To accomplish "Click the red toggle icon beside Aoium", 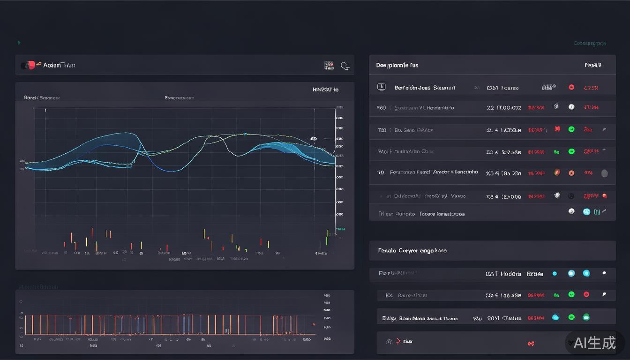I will [x=30, y=65].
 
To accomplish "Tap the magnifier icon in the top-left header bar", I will [x=345, y=66].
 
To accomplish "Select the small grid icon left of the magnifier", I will [x=329, y=66].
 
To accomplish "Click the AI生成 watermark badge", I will [x=594, y=343].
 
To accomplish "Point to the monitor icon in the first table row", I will [x=381, y=87].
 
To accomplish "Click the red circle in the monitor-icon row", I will [x=571, y=87].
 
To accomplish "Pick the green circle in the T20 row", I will [x=571, y=129].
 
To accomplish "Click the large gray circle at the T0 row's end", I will [x=604, y=173].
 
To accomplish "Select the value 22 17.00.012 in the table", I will [x=503, y=108].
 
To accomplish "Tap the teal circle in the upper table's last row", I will [x=586, y=211].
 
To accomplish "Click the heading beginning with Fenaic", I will [x=412, y=251].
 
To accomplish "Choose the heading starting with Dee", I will [x=397, y=65].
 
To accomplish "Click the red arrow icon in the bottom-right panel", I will [x=398, y=341].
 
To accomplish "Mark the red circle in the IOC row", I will [x=586, y=294].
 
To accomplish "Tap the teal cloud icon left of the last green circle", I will [x=556, y=317].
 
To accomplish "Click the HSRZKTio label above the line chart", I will [x=325, y=90].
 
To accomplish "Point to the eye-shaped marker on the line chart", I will [x=314, y=139].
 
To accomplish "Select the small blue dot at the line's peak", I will [x=245, y=134].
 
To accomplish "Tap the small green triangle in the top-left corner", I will [x=19, y=43].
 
